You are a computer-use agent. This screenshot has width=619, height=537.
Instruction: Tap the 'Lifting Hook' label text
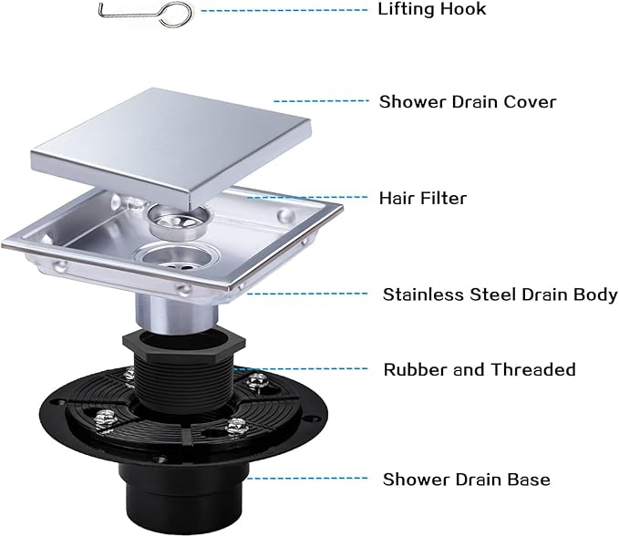coord(431,10)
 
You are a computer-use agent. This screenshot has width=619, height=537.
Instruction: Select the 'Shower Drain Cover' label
coord(467,101)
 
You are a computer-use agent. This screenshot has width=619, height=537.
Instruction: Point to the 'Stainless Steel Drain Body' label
coord(500,294)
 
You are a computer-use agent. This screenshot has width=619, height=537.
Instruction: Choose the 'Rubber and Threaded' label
coord(479,369)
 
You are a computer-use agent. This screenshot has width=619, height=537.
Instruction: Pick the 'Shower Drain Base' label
coord(466,479)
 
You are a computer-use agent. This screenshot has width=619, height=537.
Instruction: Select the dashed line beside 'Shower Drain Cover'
coord(315,101)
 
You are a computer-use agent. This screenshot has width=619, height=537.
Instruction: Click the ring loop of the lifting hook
coord(177,14)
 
